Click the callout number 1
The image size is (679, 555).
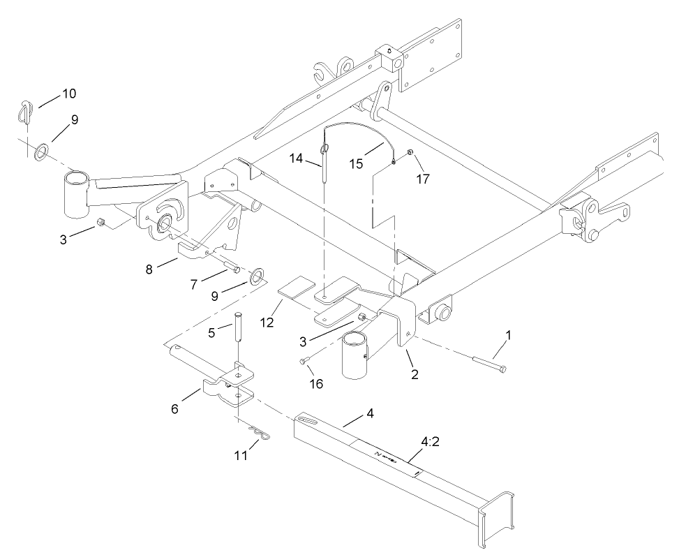[508, 335]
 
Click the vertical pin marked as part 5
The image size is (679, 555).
[238, 328]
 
